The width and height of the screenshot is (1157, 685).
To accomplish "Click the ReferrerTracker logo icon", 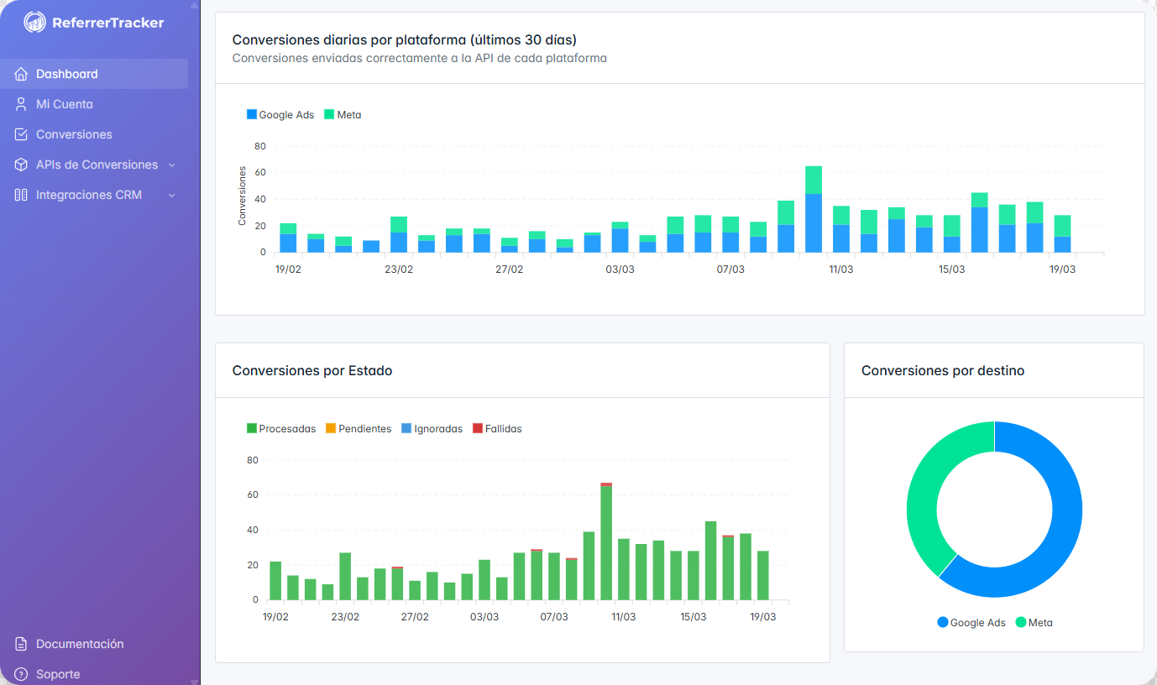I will [34, 23].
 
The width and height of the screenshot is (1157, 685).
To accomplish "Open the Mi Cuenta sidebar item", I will [65, 104].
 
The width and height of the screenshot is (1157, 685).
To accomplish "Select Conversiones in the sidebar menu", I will [74, 134].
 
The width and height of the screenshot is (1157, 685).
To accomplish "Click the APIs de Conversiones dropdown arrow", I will [172, 165].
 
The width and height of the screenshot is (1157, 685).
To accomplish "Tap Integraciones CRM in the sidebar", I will [88, 195].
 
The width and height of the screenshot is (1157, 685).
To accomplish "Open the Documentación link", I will [80, 644].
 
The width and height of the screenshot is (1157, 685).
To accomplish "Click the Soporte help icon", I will [22, 674].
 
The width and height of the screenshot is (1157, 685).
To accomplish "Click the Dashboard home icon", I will [22, 74].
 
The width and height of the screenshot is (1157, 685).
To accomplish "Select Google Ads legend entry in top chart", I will [280, 115].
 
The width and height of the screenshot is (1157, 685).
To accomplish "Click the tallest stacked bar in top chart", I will [813, 210].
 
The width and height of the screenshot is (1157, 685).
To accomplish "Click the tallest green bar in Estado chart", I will [606, 542].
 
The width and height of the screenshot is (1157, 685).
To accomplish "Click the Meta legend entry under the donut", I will [1034, 623].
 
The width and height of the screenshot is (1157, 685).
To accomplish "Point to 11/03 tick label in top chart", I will [840, 269].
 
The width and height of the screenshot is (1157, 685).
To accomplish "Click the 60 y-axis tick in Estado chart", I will [253, 495].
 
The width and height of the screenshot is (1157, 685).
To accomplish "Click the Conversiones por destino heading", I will [942, 370].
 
